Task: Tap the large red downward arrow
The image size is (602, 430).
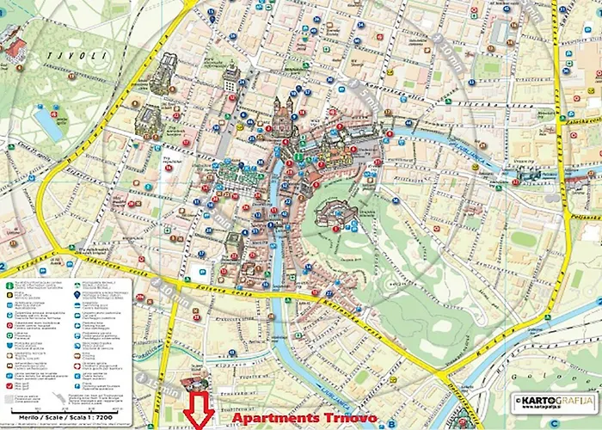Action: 200,408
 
